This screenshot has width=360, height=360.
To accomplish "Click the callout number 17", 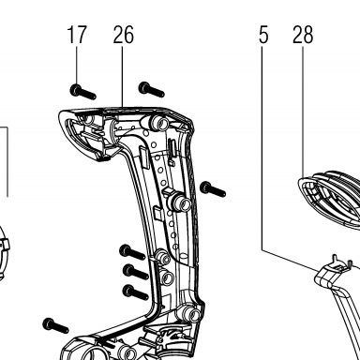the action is [77, 35].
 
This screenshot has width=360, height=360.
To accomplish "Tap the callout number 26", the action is [124, 35].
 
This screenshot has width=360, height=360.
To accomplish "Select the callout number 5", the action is [263, 35].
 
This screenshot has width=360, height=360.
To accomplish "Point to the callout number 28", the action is [303, 35].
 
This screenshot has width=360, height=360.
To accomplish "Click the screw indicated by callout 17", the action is [82, 92].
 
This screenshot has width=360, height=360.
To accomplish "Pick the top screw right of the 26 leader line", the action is [152, 90].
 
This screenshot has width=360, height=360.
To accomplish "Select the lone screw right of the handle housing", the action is [213, 189].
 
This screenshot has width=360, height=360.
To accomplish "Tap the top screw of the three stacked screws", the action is [132, 252].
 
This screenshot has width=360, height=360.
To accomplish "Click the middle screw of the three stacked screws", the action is [136, 272].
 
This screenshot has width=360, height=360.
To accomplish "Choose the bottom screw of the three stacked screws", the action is [136, 292].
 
